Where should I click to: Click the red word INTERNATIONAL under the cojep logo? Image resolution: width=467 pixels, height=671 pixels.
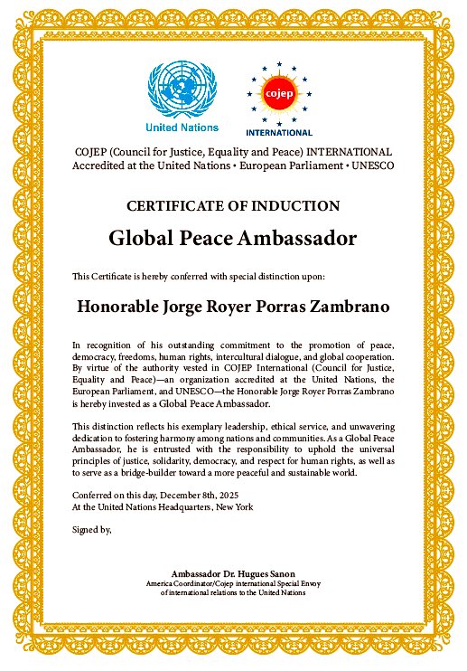click(x=278, y=131)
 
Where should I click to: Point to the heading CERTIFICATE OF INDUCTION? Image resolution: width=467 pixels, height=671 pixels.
click(x=233, y=205)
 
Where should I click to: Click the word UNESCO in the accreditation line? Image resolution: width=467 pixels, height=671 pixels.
click(x=370, y=165)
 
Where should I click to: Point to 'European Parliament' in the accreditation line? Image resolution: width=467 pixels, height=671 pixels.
click(x=298, y=165)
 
